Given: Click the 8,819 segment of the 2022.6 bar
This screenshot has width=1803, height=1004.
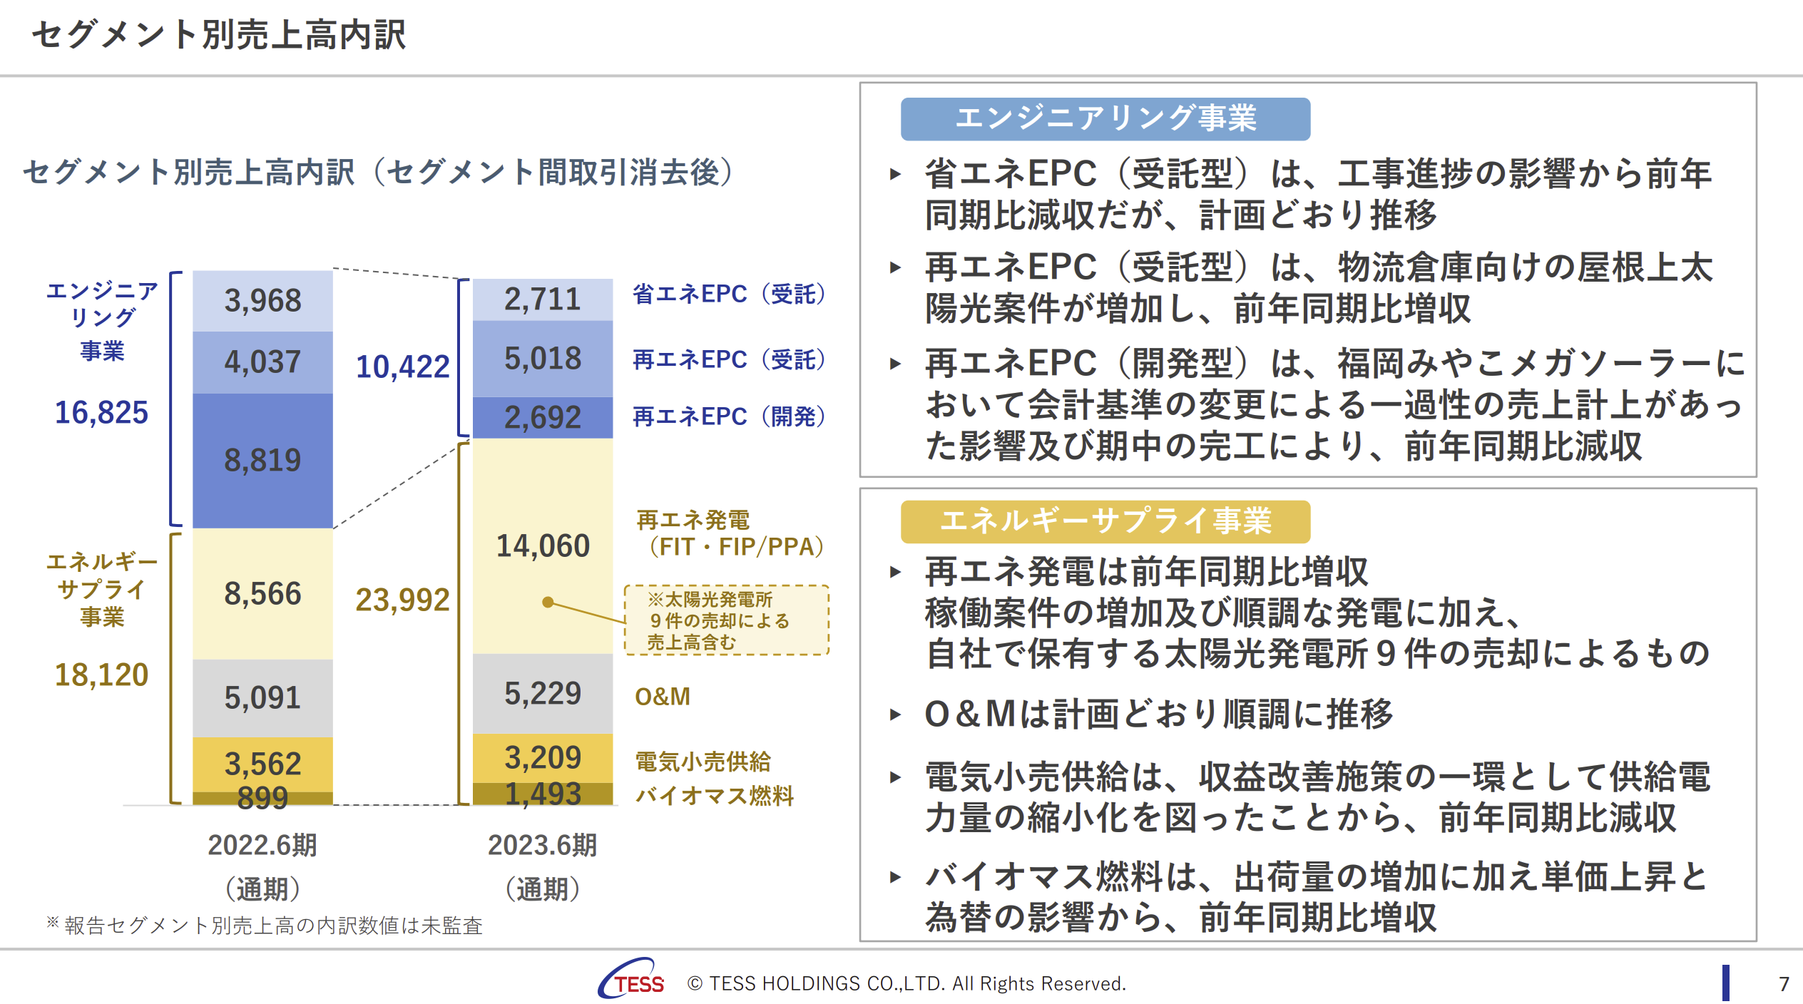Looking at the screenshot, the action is click(262, 461).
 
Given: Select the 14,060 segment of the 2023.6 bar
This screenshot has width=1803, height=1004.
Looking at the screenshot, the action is click(543, 546).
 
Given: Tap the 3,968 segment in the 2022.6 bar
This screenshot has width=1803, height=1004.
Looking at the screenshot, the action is click(262, 301).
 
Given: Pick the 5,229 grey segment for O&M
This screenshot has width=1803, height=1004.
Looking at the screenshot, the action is click(543, 694).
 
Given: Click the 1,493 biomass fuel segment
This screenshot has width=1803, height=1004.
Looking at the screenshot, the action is click(543, 794).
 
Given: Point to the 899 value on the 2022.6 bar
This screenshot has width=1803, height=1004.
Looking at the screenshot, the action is click(262, 798).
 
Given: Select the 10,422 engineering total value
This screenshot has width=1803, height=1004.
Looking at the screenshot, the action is click(403, 367).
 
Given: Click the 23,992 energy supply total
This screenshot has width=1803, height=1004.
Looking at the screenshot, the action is click(403, 600).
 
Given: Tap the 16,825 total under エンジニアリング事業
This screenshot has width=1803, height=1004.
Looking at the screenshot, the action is click(101, 412).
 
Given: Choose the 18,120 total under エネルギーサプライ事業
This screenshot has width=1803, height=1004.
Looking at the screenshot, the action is click(101, 675).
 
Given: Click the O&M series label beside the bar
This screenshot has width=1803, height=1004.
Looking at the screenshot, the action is click(663, 697).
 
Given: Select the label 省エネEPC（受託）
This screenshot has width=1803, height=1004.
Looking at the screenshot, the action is click(729, 294).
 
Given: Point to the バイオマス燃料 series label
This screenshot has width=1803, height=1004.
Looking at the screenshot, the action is click(715, 795).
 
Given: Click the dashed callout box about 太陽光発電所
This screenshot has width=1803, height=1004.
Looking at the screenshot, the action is click(727, 620).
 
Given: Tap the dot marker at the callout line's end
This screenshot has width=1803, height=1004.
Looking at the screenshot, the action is click(548, 603).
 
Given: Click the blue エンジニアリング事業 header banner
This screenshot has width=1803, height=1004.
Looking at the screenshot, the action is click(1105, 119).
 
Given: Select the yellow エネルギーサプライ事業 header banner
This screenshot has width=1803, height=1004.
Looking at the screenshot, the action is click(1105, 521).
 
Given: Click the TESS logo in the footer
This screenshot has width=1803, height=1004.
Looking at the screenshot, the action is click(632, 979).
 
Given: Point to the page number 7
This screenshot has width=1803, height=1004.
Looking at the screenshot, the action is click(1784, 984).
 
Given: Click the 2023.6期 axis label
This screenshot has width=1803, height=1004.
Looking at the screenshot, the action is click(543, 845).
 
